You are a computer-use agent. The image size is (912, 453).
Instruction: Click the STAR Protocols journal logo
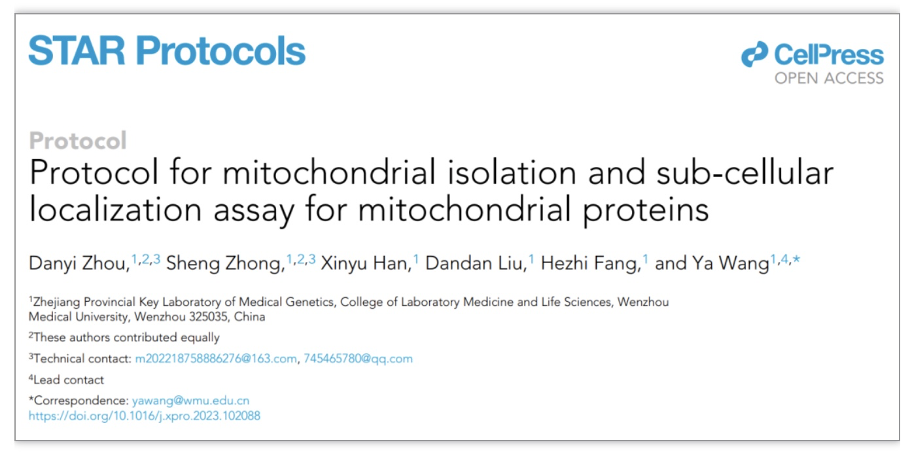[167, 50]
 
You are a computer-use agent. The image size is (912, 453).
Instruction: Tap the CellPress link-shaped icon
[754, 54]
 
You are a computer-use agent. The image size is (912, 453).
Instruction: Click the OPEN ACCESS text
[829, 78]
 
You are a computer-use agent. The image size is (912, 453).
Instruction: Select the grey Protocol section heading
[78, 141]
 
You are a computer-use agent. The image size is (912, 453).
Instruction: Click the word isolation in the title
[512, 173]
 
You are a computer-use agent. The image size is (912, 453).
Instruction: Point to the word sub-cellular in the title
[745, 173]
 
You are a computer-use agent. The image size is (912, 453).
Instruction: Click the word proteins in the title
[646, 210]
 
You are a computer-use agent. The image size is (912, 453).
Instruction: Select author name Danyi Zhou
[77, 263]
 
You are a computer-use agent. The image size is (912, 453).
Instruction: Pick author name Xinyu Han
[364, 263]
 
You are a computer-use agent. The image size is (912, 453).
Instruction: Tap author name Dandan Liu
[474, 263]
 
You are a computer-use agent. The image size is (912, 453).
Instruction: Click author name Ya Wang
[730, 263]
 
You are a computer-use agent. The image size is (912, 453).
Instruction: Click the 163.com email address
[216, 359]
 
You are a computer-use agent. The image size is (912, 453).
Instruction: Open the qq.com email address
[359, 359]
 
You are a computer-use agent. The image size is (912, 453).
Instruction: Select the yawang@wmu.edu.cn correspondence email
[190, 401]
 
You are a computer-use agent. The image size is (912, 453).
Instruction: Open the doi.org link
[145, 416]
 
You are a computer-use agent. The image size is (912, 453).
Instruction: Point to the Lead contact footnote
[66, 380]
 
